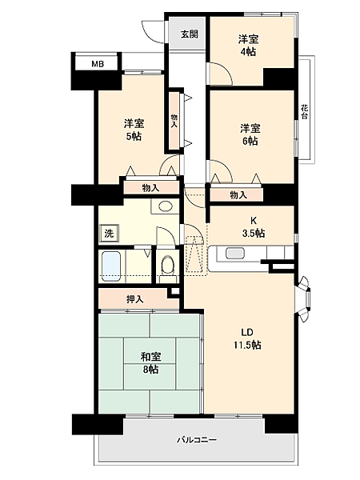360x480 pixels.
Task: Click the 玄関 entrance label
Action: click(189, 34)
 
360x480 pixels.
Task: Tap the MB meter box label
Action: click(97, 63)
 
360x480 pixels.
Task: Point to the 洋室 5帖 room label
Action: click(134, 130)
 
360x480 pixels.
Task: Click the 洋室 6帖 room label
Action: click(250, 134)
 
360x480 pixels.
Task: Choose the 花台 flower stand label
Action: click(305, 111)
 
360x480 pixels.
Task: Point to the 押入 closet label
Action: click(135, 299)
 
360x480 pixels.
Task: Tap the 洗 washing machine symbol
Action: click(108, 234)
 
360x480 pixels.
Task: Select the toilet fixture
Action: click(166, 265)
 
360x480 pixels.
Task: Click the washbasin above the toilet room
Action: click(166, 206)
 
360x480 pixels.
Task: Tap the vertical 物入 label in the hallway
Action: click(174, 121)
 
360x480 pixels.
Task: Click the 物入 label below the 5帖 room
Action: click(150, 188)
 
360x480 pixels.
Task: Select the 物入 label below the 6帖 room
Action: click(237, 194)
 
